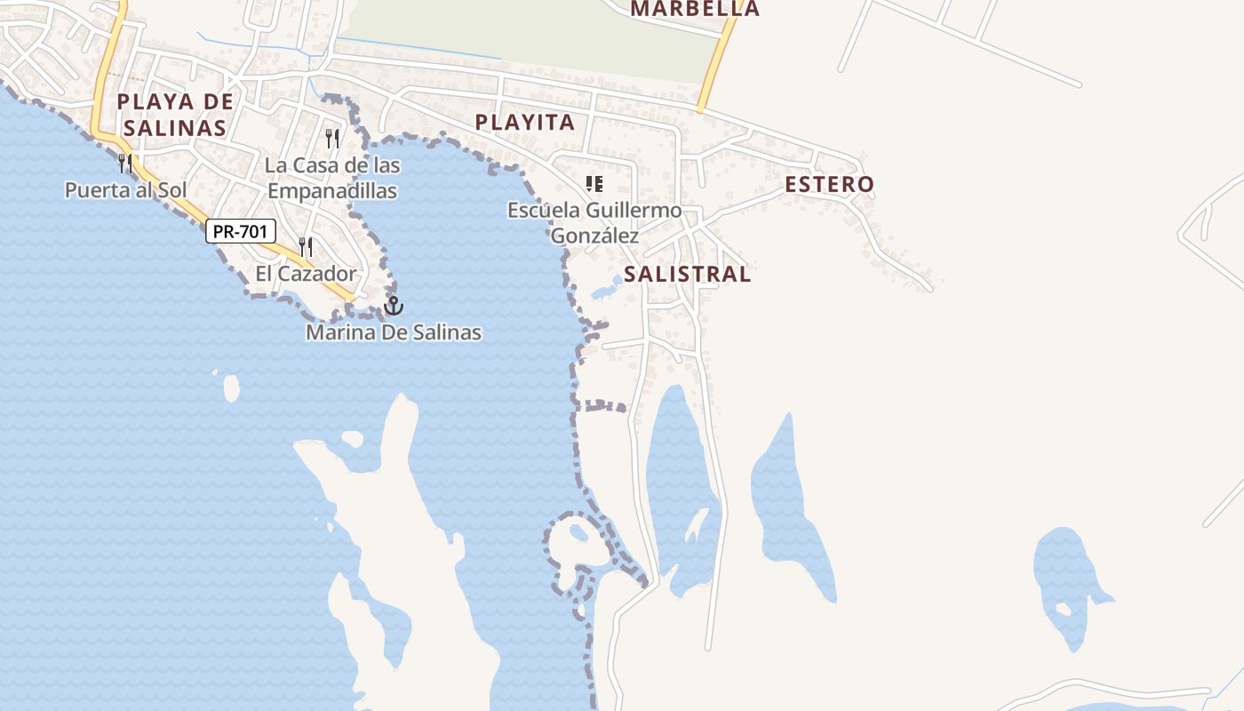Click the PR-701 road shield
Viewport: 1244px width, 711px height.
tap(241, 231)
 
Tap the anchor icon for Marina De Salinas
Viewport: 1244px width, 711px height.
tap(394, 306)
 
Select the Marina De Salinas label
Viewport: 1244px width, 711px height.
tap(394, 332)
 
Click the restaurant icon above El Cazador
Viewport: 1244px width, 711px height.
tap(306, 246)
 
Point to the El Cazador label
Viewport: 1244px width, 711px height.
tap(306, 274)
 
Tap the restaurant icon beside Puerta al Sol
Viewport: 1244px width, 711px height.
tap(125, 163)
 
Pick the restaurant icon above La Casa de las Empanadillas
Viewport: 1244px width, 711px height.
tap(332, 138)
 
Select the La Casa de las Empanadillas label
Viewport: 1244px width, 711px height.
tap(332, 178)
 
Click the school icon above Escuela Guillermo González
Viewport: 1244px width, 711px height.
tap(594, 184)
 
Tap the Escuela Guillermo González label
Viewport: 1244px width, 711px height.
tap(594, 223)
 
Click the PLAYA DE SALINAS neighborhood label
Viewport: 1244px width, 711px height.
tap(175, 114)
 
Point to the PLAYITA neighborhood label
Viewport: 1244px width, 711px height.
tap(525, 123)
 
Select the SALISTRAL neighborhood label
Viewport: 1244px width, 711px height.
tap(687, 274)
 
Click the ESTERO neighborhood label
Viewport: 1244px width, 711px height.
tap(829, 185)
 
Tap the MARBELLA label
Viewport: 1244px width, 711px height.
tap(695, 9)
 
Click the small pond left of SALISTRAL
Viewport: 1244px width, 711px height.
tap(607, 289)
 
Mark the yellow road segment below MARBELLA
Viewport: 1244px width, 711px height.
tap(716, 67)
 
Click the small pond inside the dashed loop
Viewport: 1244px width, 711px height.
tap(579, 533)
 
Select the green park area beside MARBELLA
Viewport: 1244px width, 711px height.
tap(533, 36)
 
